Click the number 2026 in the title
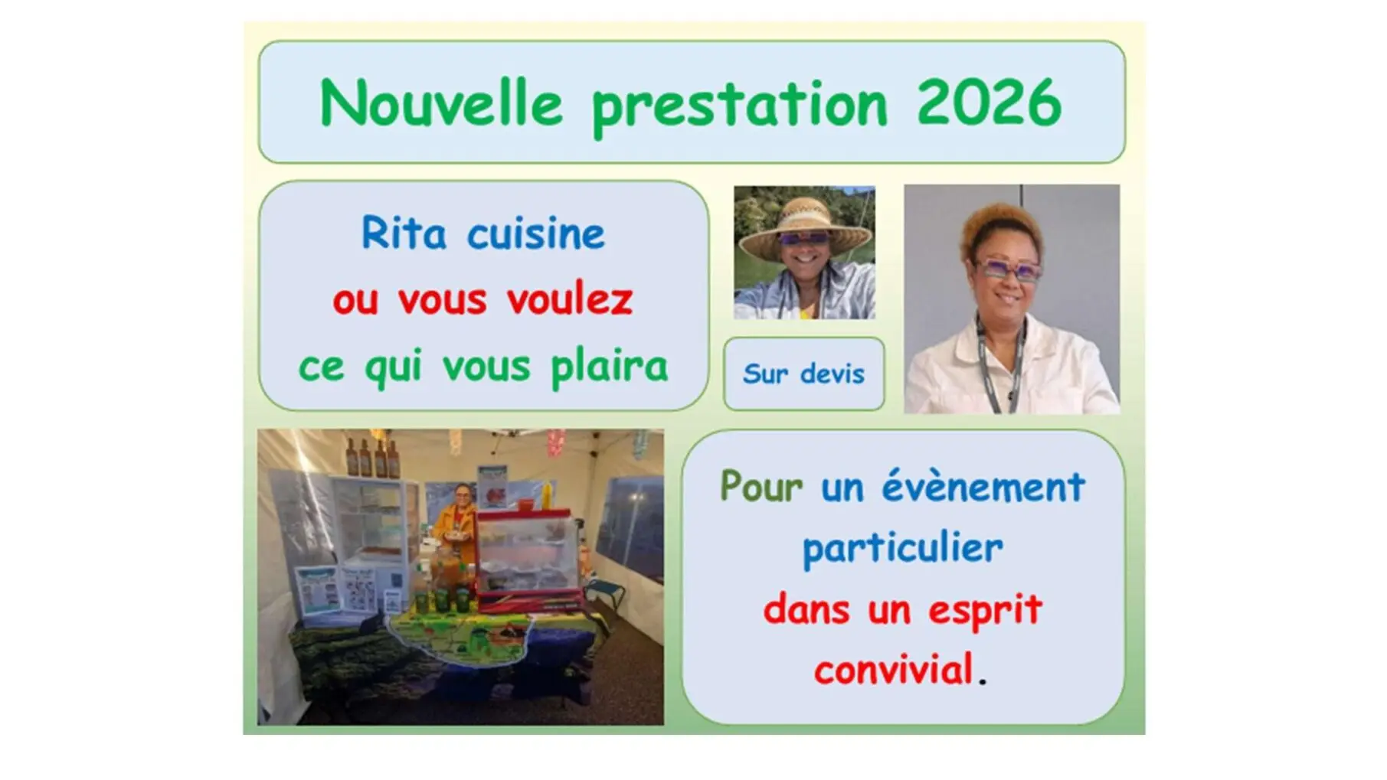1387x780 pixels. point(989,103)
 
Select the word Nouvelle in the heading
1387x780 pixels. point(441,103)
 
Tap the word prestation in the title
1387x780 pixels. point(739,106)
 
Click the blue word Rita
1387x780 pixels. point(403,233)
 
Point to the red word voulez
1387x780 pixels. point(569,299)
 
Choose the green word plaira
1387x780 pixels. point(610,367)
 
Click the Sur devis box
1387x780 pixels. point(803,374)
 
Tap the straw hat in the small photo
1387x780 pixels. point(804,226)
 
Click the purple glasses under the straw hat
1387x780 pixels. point(804,239)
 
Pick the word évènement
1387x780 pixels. point(983,486)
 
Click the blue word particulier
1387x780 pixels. point(902,549)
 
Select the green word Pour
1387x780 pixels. point(761,486)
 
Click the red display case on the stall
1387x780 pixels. point(528,555)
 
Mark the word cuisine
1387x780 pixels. point(536,233)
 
